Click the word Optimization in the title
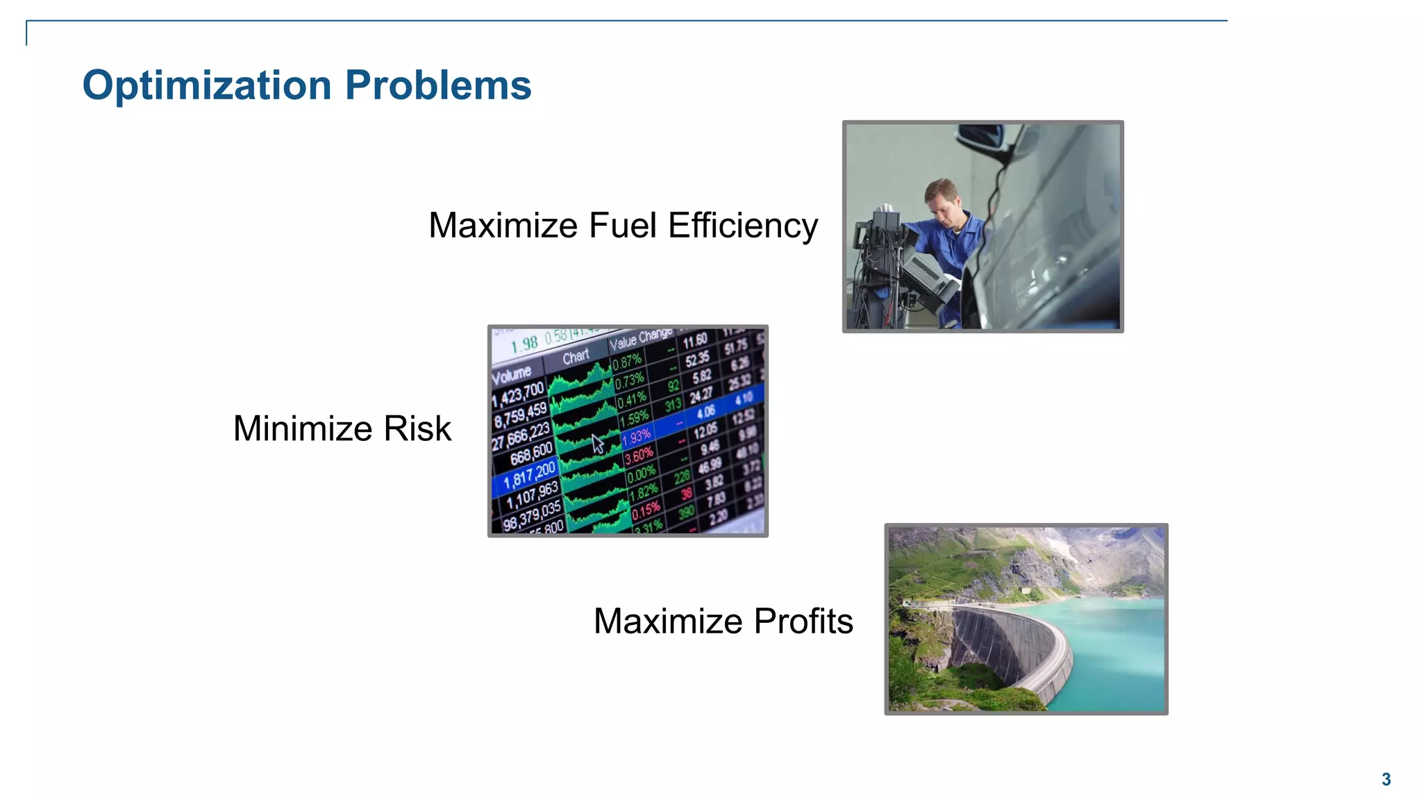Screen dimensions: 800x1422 [207, 85]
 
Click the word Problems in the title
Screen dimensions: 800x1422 [438, 85]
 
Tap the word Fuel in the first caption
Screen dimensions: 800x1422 [623, 226]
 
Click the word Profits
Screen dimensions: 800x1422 [803, 621]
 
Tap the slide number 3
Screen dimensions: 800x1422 [1386, 779]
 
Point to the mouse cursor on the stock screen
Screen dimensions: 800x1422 [597, 443]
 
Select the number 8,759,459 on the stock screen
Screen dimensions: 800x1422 [521, 415]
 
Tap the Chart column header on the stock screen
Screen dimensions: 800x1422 [576, 357]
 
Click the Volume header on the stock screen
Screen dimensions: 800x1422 [511, 376]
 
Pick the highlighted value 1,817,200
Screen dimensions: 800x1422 [529, 475]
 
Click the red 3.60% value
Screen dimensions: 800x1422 [638, 456]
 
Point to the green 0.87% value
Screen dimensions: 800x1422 [626, 361]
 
